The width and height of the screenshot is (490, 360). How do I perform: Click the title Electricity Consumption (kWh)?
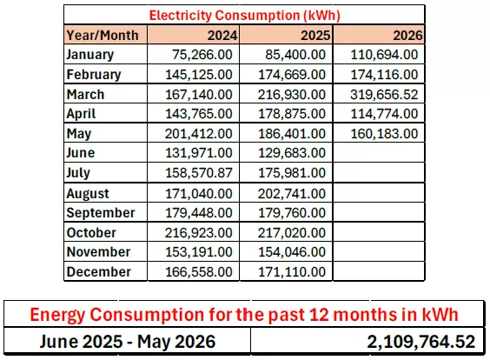click(244, 16)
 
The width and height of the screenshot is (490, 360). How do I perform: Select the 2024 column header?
click(222, 36)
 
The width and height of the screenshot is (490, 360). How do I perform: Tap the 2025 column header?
click(315, 36)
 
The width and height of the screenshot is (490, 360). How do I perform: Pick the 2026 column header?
click(407, 36)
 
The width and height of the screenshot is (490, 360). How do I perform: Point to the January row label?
click(90, 55)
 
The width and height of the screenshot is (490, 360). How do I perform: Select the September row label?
click(101, 213)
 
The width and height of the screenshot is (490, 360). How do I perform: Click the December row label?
click(98, 272)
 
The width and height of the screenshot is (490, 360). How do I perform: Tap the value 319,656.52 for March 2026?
click(384, 95)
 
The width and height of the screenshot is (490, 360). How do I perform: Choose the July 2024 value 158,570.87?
click(199, 173)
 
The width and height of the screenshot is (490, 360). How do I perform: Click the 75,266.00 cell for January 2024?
click(202, 55)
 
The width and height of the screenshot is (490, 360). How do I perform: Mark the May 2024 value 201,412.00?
click(199, 134)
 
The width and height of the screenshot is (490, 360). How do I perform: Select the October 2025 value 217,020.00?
click(292, 233)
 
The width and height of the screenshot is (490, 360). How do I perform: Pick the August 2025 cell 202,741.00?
click(292, 194)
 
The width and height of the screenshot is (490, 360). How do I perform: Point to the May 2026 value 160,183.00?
click(384, 134)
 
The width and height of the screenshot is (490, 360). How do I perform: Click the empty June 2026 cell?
click(379, 153)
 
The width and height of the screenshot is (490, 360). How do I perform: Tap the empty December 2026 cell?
click(379, 271)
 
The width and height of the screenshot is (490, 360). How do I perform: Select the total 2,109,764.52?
click(421, 342)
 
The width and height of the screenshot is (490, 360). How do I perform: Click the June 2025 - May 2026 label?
click(128, 341)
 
